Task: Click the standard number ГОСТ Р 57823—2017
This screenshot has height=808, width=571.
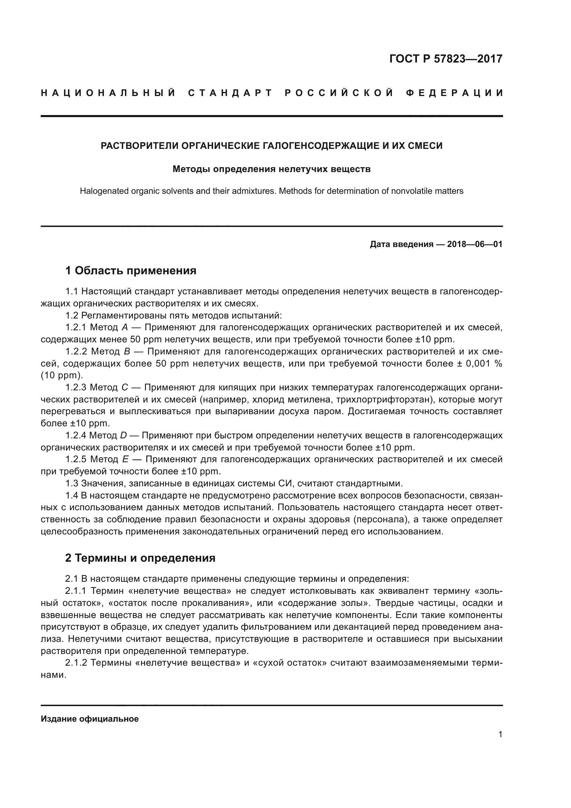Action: click(x=445, y=58)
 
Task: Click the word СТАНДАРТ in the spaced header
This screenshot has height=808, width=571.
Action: click(x=230, y=93)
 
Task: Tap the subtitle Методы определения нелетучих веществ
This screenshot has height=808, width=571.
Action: click(x=271, y=169)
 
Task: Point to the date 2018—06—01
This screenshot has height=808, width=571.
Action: click(x=475, y=244)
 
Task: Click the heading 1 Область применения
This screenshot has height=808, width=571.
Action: click(x=130, y=270)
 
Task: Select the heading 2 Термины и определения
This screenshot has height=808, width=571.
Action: click(x=140, y=558)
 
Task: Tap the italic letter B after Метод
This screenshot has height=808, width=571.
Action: click(x=127, y=352)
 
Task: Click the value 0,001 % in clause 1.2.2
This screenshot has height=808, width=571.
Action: click(x=484, y=363)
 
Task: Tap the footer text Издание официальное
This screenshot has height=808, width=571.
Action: click(x=90, y=719)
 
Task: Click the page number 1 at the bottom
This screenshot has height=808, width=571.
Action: click(x=500, y=734)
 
